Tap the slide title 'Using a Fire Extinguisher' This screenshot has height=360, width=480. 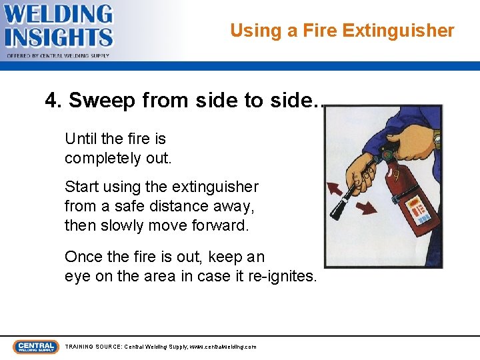(342, 31)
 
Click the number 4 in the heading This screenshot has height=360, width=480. (51, 101)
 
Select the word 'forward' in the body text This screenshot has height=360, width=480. (219, 225)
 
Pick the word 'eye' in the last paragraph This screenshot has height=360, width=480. (77, 276)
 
